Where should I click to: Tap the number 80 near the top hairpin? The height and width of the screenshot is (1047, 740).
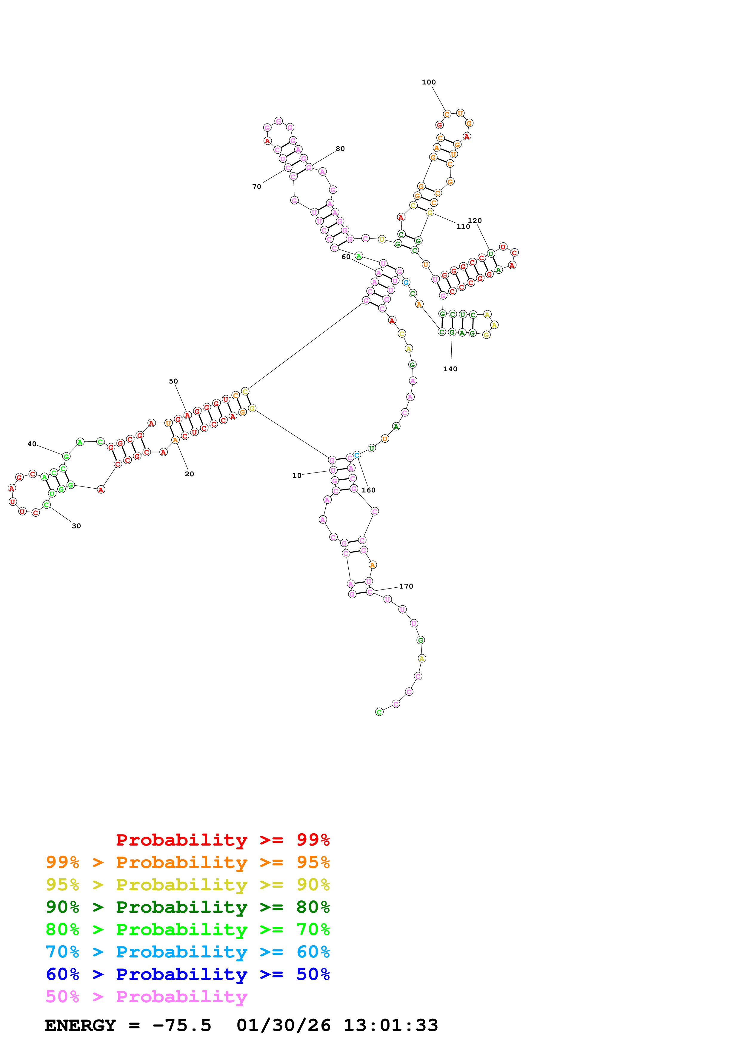point(340,149)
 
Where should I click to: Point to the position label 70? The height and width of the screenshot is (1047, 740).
point(257,187)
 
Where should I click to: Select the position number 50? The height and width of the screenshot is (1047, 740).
point(173,381)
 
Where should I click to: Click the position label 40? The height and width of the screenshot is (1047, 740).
point(32,444)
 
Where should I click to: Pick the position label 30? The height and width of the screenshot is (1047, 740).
point(76,526)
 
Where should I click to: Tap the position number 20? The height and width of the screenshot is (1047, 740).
point(189,474)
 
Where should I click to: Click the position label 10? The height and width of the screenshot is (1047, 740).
point(297,475)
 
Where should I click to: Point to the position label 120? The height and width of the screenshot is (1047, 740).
point(475,221)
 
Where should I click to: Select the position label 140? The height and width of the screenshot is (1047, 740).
point(450,369)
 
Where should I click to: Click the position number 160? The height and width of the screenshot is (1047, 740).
point(368,490)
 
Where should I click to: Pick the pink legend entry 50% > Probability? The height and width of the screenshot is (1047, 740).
point(146,996)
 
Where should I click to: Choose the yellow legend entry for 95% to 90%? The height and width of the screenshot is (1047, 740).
point(187,884)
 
